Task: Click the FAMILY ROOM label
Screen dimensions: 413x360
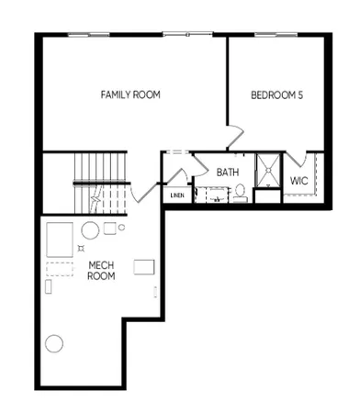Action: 131,95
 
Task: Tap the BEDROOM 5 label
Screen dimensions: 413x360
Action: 276,95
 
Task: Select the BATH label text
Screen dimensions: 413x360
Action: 227,171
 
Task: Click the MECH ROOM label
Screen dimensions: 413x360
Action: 101,271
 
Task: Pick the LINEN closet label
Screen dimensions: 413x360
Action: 176,195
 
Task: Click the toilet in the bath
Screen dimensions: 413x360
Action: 239,192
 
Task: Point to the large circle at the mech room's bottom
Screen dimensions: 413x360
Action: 55,345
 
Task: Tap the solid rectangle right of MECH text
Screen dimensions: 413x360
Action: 144,266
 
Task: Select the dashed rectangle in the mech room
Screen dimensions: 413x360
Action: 60,270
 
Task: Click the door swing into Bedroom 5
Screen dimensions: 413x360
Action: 236,135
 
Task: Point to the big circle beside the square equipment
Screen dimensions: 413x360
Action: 91,229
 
